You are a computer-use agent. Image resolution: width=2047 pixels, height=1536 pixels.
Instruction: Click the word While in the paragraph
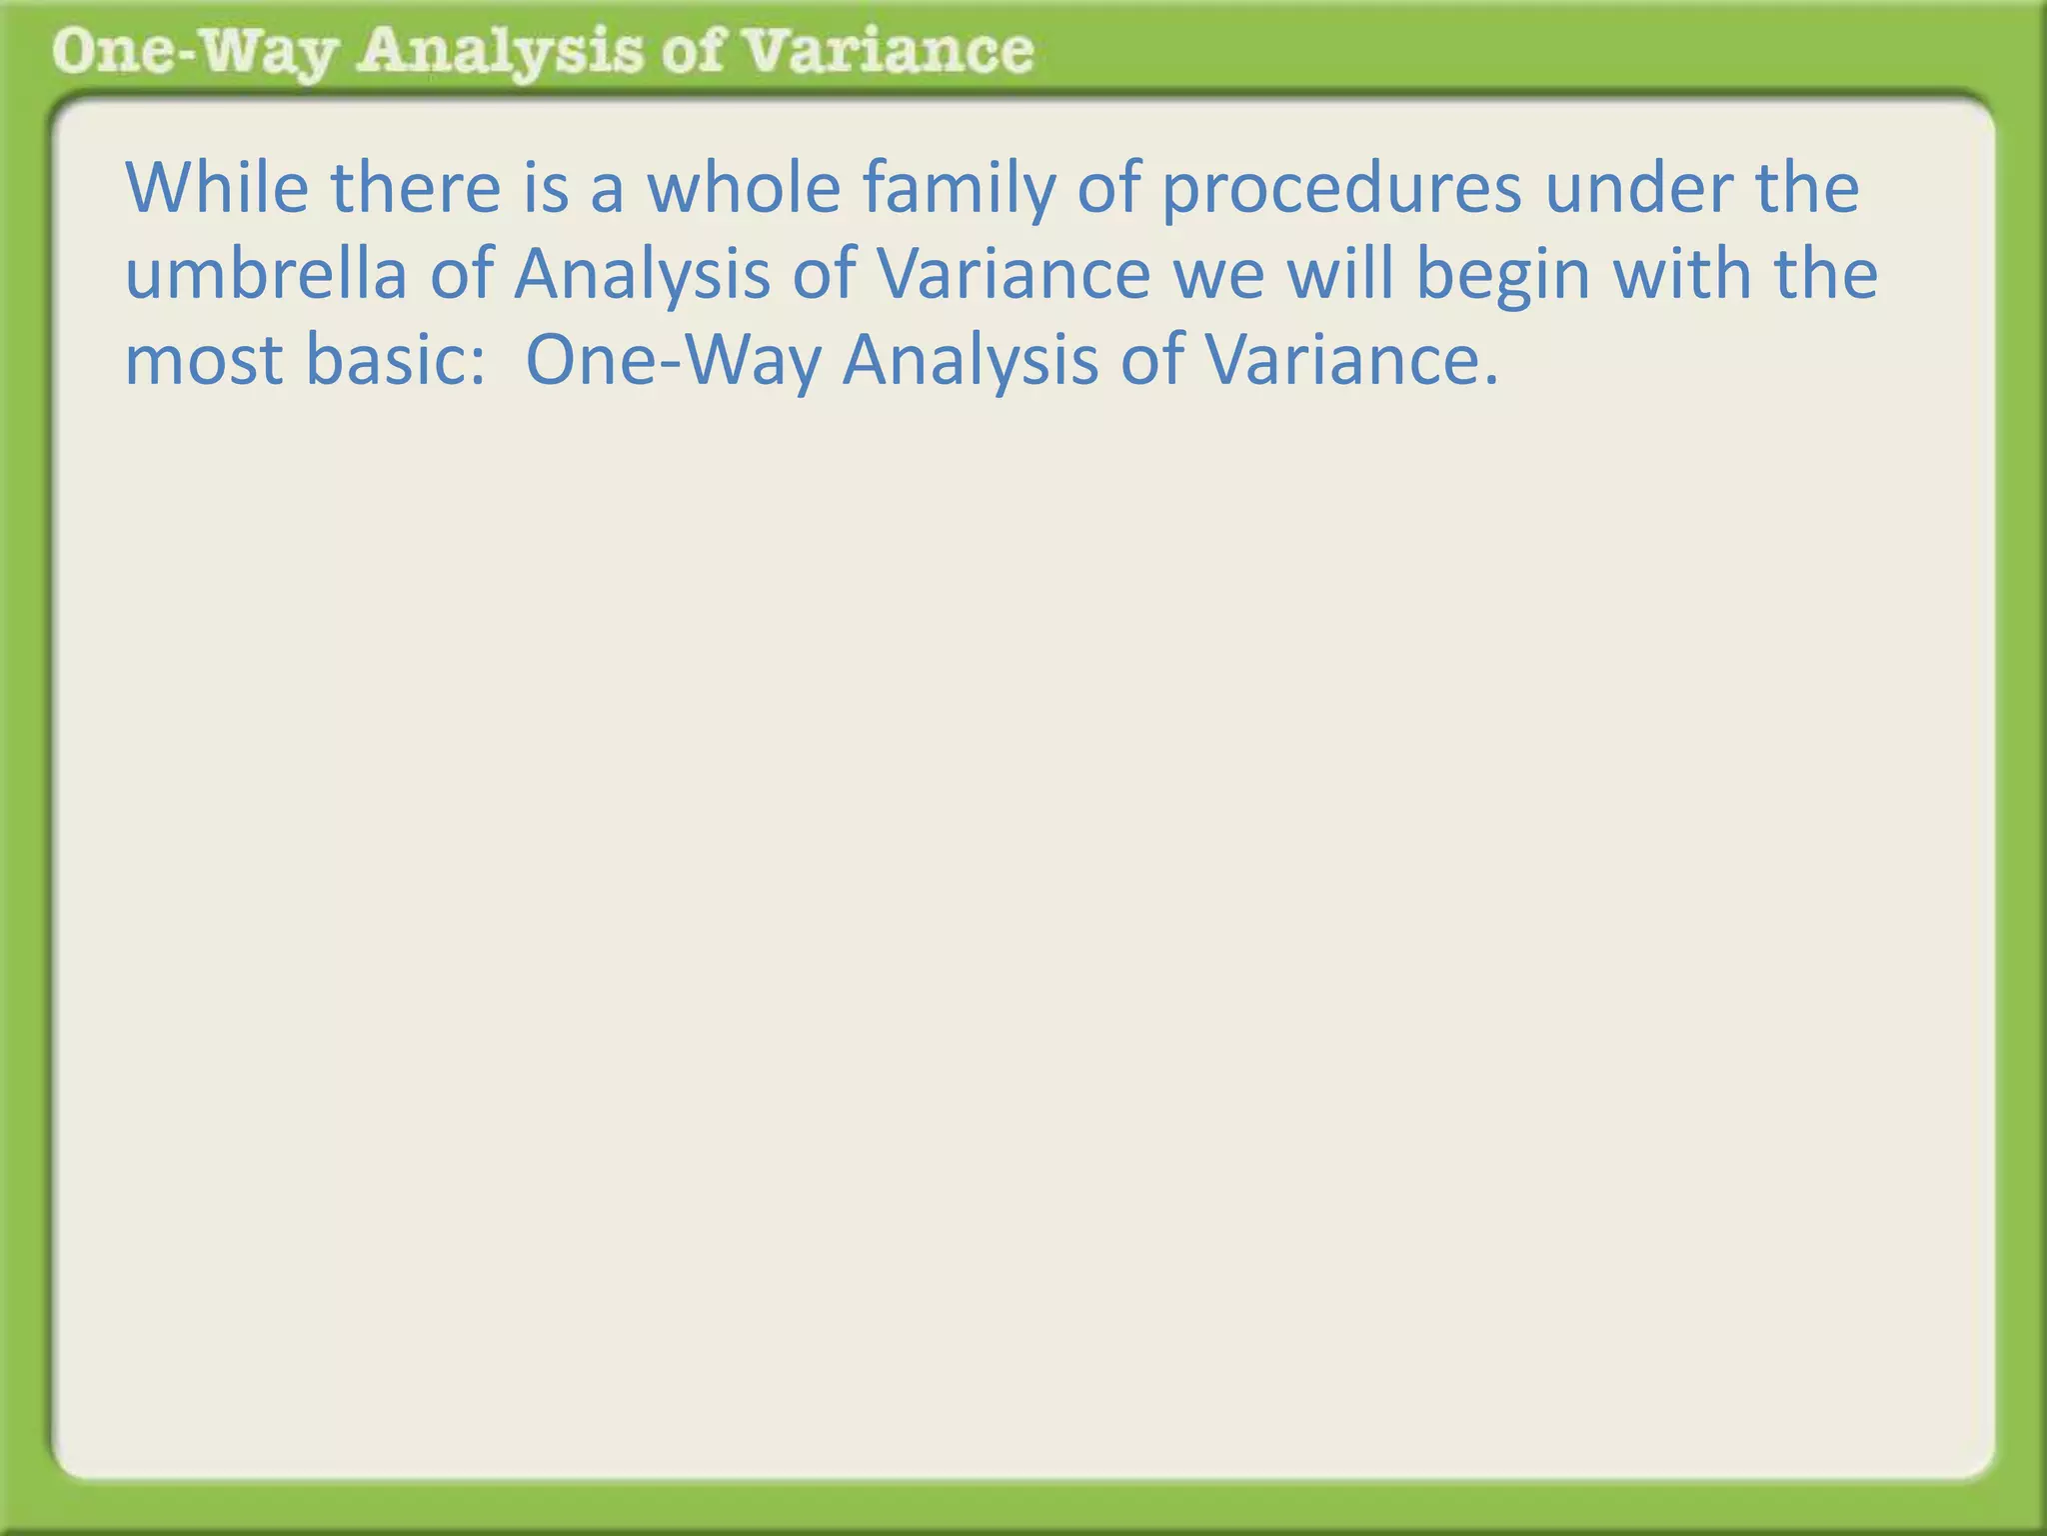216,188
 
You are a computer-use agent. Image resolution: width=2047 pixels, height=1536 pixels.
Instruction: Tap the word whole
744,188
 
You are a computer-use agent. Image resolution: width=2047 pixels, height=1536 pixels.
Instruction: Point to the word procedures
1341,190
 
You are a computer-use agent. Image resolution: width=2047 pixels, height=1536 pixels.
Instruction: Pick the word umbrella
265,274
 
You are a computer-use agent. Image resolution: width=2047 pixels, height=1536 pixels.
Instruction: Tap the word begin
1502,276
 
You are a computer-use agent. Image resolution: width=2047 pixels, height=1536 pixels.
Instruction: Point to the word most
203,361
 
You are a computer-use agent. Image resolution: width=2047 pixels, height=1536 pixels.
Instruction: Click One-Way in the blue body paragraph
672,361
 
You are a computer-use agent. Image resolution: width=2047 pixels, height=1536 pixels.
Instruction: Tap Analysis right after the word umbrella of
642,276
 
